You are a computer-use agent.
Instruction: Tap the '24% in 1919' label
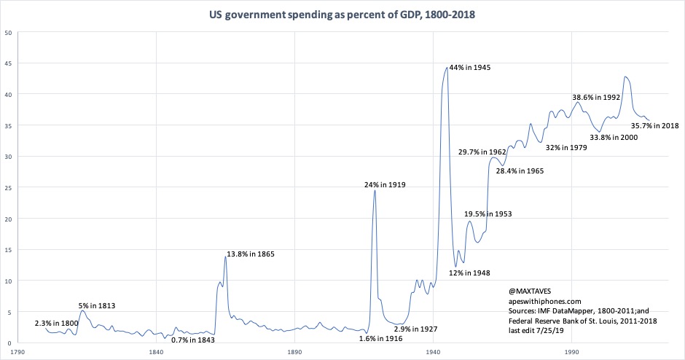pos(385,185)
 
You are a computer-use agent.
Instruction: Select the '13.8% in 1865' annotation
pos(249,254)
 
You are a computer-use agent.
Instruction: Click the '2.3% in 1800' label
pos(58,322)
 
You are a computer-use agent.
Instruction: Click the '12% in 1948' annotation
pos(469,273)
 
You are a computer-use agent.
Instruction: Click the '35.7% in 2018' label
pos(655,125)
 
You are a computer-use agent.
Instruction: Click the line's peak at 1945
pos(447,68)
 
